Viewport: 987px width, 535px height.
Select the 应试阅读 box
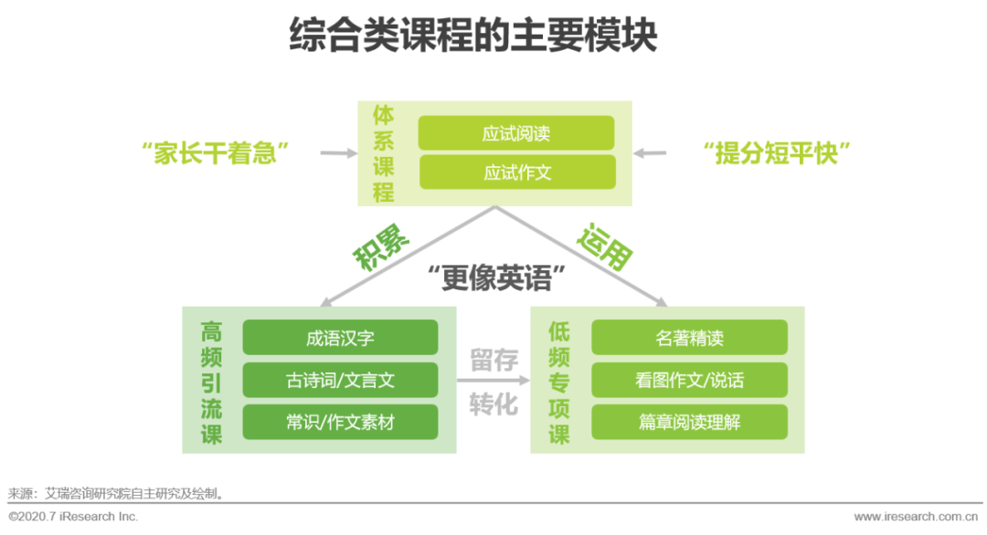click(516, 133)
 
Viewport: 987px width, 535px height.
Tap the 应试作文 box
click(516, 173)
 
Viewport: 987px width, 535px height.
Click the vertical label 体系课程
click(384, 153)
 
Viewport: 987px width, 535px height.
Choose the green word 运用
click(605, 245)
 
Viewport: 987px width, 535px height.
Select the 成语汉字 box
click(340, 338)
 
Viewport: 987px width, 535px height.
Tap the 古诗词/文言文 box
click(340, 380)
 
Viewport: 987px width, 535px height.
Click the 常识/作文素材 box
click(340, 423)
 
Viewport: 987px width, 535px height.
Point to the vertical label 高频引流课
click(212, 382)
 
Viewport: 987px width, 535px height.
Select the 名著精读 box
click(689, 338)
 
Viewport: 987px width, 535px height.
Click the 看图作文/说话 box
click(689, 380)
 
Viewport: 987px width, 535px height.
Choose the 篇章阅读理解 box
click(689, 423)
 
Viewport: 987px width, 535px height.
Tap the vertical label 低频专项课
click(559, 382)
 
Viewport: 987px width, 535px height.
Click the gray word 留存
click(493, 360)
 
